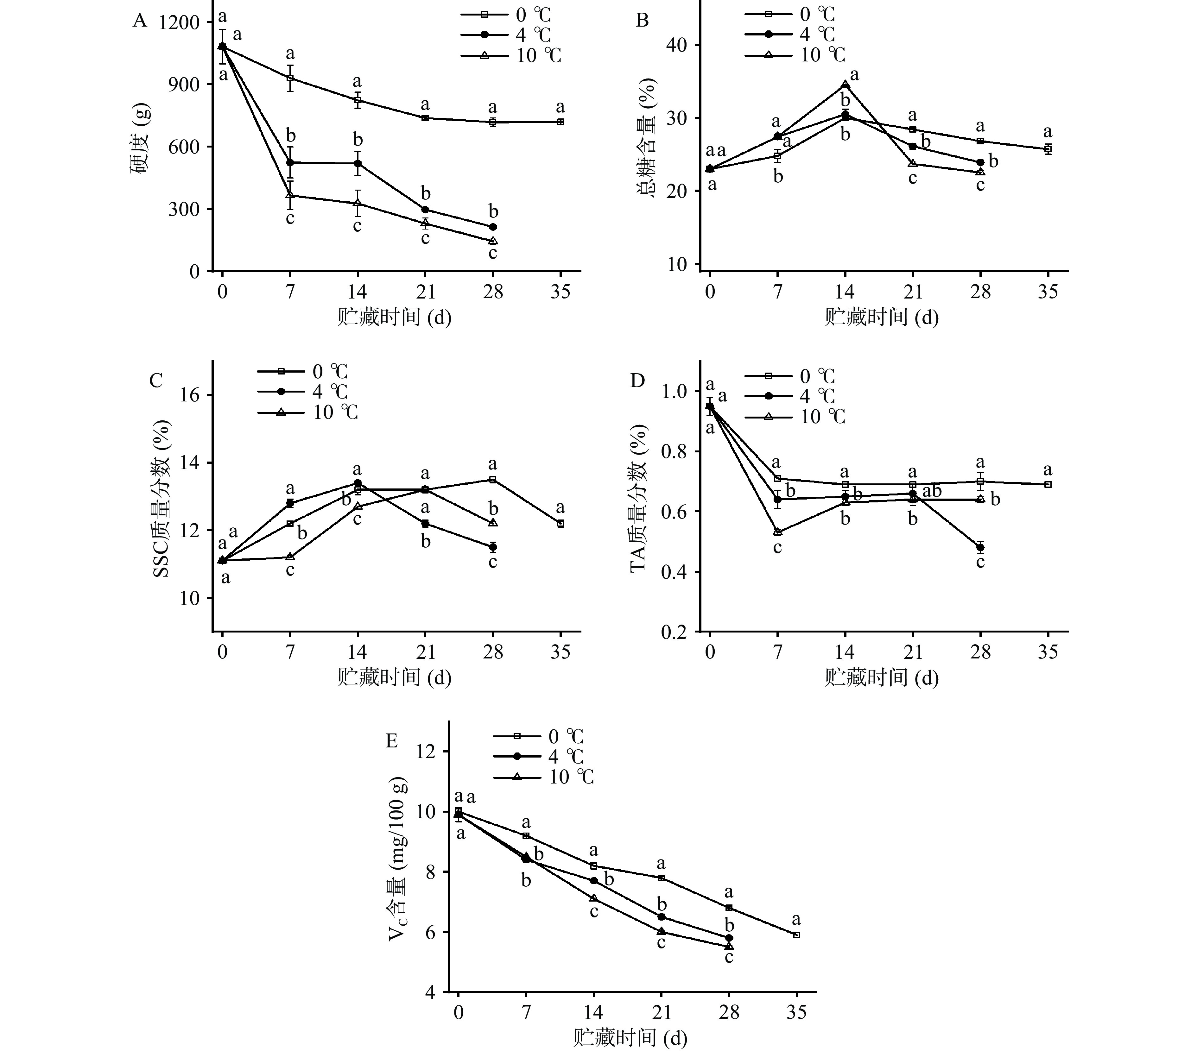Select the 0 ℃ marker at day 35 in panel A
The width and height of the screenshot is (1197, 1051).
pos(560,122)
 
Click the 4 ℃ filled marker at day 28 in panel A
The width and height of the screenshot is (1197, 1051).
pos(493,227)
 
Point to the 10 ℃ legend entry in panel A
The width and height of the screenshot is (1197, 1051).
pos(511,56)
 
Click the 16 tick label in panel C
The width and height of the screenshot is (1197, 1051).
pos(187,395)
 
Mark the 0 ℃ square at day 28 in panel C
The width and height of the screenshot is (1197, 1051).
pos(493,480)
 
